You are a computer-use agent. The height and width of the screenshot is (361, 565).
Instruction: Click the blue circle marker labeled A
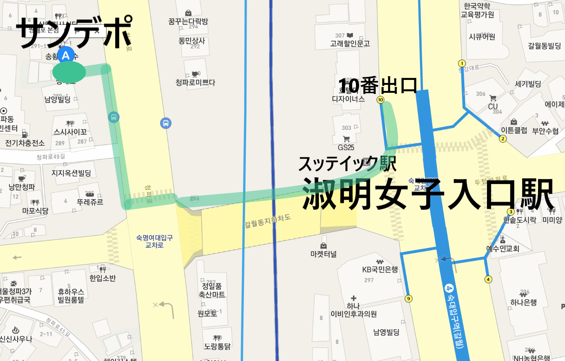66,55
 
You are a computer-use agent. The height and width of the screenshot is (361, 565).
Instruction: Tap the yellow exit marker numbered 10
381,100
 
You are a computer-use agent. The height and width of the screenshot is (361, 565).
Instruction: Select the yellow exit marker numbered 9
409,298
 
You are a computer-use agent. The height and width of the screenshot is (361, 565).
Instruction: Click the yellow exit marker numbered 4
488,280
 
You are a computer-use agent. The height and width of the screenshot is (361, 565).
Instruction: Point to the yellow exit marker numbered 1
462,63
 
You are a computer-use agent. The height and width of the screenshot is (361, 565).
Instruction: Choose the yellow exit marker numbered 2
503,139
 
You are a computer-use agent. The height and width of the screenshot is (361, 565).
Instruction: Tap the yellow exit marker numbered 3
511,212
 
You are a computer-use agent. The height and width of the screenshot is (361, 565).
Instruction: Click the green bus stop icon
114,117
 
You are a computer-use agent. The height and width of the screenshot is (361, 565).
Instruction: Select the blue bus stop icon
165,123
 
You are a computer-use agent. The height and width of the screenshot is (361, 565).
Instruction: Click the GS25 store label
346,147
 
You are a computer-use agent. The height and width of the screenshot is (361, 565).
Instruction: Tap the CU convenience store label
493,106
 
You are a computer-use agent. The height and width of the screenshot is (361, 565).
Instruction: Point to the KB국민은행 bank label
380,269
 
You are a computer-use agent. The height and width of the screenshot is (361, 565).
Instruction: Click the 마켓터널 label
323,254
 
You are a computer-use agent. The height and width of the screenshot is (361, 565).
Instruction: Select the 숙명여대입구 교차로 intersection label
155,241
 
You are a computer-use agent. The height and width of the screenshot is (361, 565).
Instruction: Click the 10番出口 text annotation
378,86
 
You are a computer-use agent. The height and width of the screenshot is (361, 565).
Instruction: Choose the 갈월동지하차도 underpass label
267,221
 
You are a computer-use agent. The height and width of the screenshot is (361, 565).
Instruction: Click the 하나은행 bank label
523,302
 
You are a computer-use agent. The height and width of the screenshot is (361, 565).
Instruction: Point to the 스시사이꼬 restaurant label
70,132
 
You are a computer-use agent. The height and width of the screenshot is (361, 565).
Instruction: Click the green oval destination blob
69,72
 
